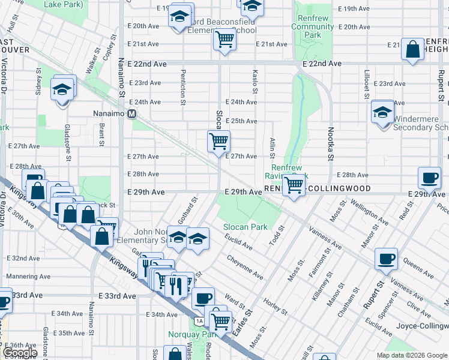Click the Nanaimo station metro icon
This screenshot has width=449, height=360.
point(131,113)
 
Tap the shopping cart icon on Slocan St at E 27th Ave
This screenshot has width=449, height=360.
point(219,142)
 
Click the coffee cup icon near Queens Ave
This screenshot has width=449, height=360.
point(386,259)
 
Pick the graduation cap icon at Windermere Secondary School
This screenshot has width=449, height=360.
point(382,112)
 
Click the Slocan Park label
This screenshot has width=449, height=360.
point(245,227)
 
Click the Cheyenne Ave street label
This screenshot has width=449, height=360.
point(245,267)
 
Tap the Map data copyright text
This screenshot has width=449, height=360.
point(411,355)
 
